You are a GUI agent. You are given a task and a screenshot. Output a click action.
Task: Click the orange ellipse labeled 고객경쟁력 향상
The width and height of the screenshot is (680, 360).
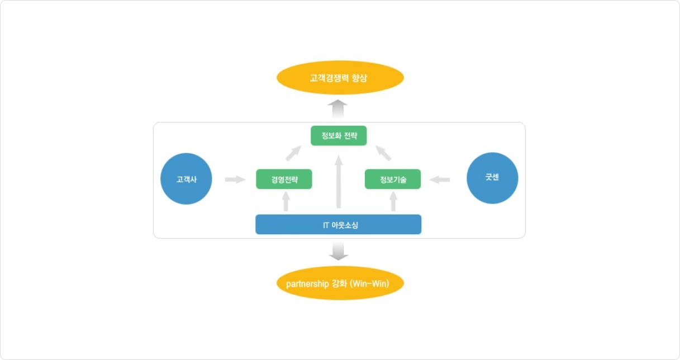coord(340,78)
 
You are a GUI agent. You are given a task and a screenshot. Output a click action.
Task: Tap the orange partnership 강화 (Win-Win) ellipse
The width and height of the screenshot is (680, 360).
coord(340,283)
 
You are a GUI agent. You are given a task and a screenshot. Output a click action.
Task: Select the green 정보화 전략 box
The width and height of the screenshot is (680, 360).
coord(339,135)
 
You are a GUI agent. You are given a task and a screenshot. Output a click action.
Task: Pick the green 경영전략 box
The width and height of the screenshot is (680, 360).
coord(284,179)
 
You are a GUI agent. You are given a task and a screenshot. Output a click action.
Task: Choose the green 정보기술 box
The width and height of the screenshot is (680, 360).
coord(393,179)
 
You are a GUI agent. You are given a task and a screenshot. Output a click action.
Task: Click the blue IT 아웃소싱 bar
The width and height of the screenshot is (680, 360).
coord(339,225)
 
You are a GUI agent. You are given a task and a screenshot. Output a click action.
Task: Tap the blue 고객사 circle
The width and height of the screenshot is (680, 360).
coord(186,179)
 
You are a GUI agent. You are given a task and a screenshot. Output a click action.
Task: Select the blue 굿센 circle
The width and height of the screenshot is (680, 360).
coord(492,178)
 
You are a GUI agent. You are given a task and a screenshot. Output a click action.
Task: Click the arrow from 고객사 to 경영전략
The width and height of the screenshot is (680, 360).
coord(235,179)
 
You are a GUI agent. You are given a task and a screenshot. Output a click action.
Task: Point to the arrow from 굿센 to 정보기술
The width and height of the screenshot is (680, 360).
coord(439,180)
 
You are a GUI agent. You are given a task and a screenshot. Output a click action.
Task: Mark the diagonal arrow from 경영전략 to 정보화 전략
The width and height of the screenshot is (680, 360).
coord(293,153)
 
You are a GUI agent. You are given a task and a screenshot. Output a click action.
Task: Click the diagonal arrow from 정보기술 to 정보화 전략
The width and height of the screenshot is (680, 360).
coord(383,153)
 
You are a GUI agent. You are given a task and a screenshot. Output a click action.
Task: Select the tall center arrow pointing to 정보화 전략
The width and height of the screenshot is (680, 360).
coord(339,182)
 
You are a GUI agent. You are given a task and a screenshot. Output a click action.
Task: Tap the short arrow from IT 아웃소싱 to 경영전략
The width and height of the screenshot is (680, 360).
coord(286,201)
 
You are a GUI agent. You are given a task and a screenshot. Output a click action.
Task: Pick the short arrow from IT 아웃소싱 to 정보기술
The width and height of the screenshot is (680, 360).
coord(393,201)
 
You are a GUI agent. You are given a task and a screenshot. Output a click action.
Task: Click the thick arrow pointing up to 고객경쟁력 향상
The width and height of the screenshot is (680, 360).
coord(338,109)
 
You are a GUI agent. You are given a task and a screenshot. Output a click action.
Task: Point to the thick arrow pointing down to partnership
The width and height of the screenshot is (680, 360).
coord(339,251)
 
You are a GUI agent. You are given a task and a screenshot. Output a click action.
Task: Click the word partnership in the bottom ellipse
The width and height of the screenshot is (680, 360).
coord(307,284)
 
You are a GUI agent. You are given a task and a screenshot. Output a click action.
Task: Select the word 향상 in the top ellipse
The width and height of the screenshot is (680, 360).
coord(359,78)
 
